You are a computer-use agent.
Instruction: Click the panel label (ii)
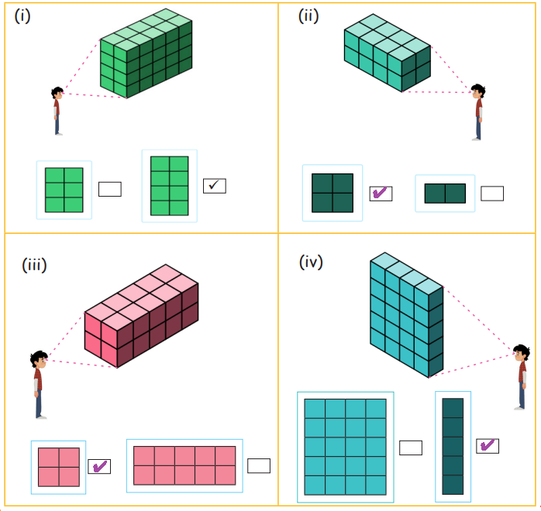[x=308, y=16]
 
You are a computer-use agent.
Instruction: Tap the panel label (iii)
[x=34, y=266]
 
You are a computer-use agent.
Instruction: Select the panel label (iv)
[x=311, y=262]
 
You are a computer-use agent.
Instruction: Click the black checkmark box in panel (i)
[x=215, y=186]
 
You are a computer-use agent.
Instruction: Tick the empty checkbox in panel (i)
[x=110, y=189]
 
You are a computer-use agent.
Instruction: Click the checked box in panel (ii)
[x=381, y=194]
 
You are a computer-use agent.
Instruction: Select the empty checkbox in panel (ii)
[x=492, y=194]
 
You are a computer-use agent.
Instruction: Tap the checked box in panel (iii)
[x=99, y=466]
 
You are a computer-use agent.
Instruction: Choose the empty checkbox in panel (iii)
[x=259, y=465]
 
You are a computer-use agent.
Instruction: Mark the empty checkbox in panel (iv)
[x=411, y=448]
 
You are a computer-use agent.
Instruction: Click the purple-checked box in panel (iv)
[x=488, y=446]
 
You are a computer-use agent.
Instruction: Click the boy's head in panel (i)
[x=57, y=93]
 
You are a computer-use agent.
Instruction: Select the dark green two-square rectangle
[x=445, y=194]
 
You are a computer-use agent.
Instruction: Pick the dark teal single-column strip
[x=453, y=446]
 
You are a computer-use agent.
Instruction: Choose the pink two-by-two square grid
[x=59, y=467]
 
